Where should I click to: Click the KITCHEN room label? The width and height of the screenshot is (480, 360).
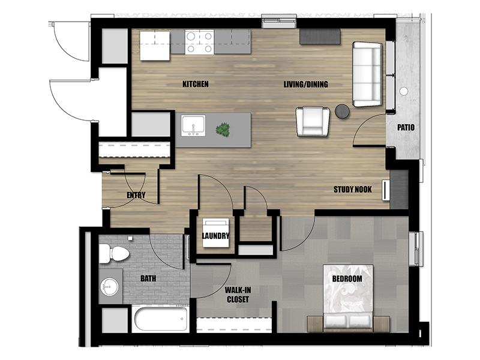click(196, 84)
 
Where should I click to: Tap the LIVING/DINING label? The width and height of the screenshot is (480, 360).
click(305, 84)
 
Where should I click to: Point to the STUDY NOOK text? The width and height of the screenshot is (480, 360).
click(353, 190)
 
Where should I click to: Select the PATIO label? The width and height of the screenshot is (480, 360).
click(406, 127)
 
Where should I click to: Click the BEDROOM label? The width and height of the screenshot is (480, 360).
click(347, 278)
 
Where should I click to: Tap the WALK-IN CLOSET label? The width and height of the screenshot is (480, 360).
click(238, 295)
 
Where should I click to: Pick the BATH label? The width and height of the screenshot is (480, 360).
click(148, 278)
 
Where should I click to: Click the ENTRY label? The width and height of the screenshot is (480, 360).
click(136, 195)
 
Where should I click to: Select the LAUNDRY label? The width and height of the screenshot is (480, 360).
click(215, 236)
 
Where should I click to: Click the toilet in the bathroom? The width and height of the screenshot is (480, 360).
click(113, 253)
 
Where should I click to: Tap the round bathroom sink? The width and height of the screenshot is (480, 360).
click(110, 287)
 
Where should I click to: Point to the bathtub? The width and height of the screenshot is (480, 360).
click(161, 319)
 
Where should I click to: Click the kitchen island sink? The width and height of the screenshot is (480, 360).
click(193, 125)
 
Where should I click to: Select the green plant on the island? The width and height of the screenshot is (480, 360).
click(223, 130)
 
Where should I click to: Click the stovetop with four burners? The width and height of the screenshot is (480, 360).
click(200, 42)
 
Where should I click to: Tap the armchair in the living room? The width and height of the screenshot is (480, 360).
click(313, 121)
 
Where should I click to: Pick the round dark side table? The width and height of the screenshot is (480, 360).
click(342, 111)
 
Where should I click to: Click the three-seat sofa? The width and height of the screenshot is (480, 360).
click(367, 74)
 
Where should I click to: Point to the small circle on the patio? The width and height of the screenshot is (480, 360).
click(403, 91)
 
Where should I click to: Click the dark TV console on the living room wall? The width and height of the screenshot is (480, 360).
click(320, 37)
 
